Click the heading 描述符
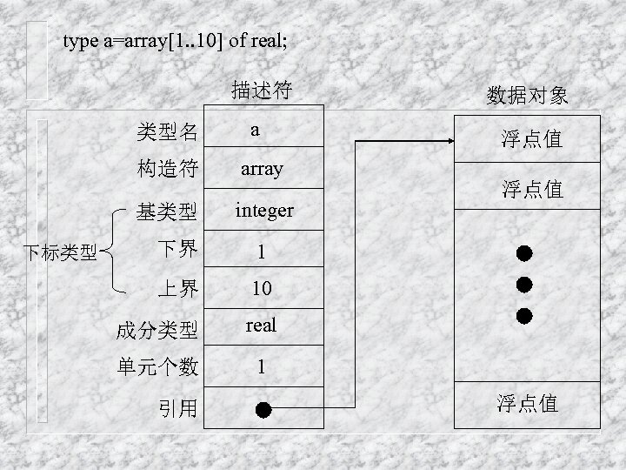pos(261,90)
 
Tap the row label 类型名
pos(167,132)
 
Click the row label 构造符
pos(167,169)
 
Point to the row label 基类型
pos(167,211)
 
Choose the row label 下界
pos(177,251)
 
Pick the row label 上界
pos(177,289)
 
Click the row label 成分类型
pos(157,330)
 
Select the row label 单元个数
pos(157,368)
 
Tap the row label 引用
pos(177,407)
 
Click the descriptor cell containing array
pos(262,169)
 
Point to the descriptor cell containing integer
pos(264,211)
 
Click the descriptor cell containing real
pos(261,326)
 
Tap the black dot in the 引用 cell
pos(264,408)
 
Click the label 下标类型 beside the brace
pos(59,253)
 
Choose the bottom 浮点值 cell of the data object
pos(527,404)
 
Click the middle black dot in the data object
pos(524,285)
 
